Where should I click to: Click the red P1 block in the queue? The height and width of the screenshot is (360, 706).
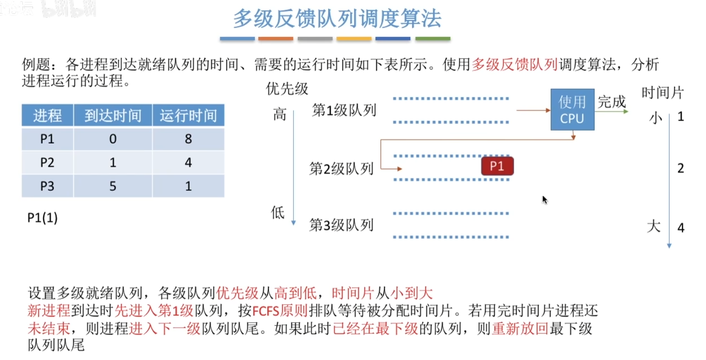(497, 166)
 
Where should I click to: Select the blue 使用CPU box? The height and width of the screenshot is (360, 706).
(572, 110)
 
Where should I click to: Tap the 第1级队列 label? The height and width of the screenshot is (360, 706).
(344, 110)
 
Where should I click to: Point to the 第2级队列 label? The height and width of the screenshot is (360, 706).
(341, 169)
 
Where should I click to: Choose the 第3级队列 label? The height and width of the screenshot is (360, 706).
(341, 225)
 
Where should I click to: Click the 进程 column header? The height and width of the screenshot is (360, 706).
(48, 116)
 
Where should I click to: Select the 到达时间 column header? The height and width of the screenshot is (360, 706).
(113, 116)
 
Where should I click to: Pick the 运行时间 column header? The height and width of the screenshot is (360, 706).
(188, 116)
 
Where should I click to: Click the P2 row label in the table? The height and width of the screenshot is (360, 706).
(48, 163)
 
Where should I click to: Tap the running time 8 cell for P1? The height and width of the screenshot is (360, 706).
(188, 139)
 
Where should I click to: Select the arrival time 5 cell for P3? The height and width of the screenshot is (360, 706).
(113, 186)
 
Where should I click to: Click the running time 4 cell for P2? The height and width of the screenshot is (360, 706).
(188, 163)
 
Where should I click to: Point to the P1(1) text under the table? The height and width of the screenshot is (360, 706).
(42, 218)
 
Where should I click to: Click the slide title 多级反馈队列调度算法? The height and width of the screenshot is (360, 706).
(337, 19)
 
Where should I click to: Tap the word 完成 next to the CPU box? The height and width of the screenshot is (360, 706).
(611, 101)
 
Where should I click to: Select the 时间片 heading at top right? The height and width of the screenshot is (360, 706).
(662, 93)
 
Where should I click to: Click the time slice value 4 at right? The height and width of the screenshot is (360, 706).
(680, 228)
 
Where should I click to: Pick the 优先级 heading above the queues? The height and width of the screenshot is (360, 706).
(287, 89)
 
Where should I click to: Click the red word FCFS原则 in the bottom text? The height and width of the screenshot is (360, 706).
(280, 311)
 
